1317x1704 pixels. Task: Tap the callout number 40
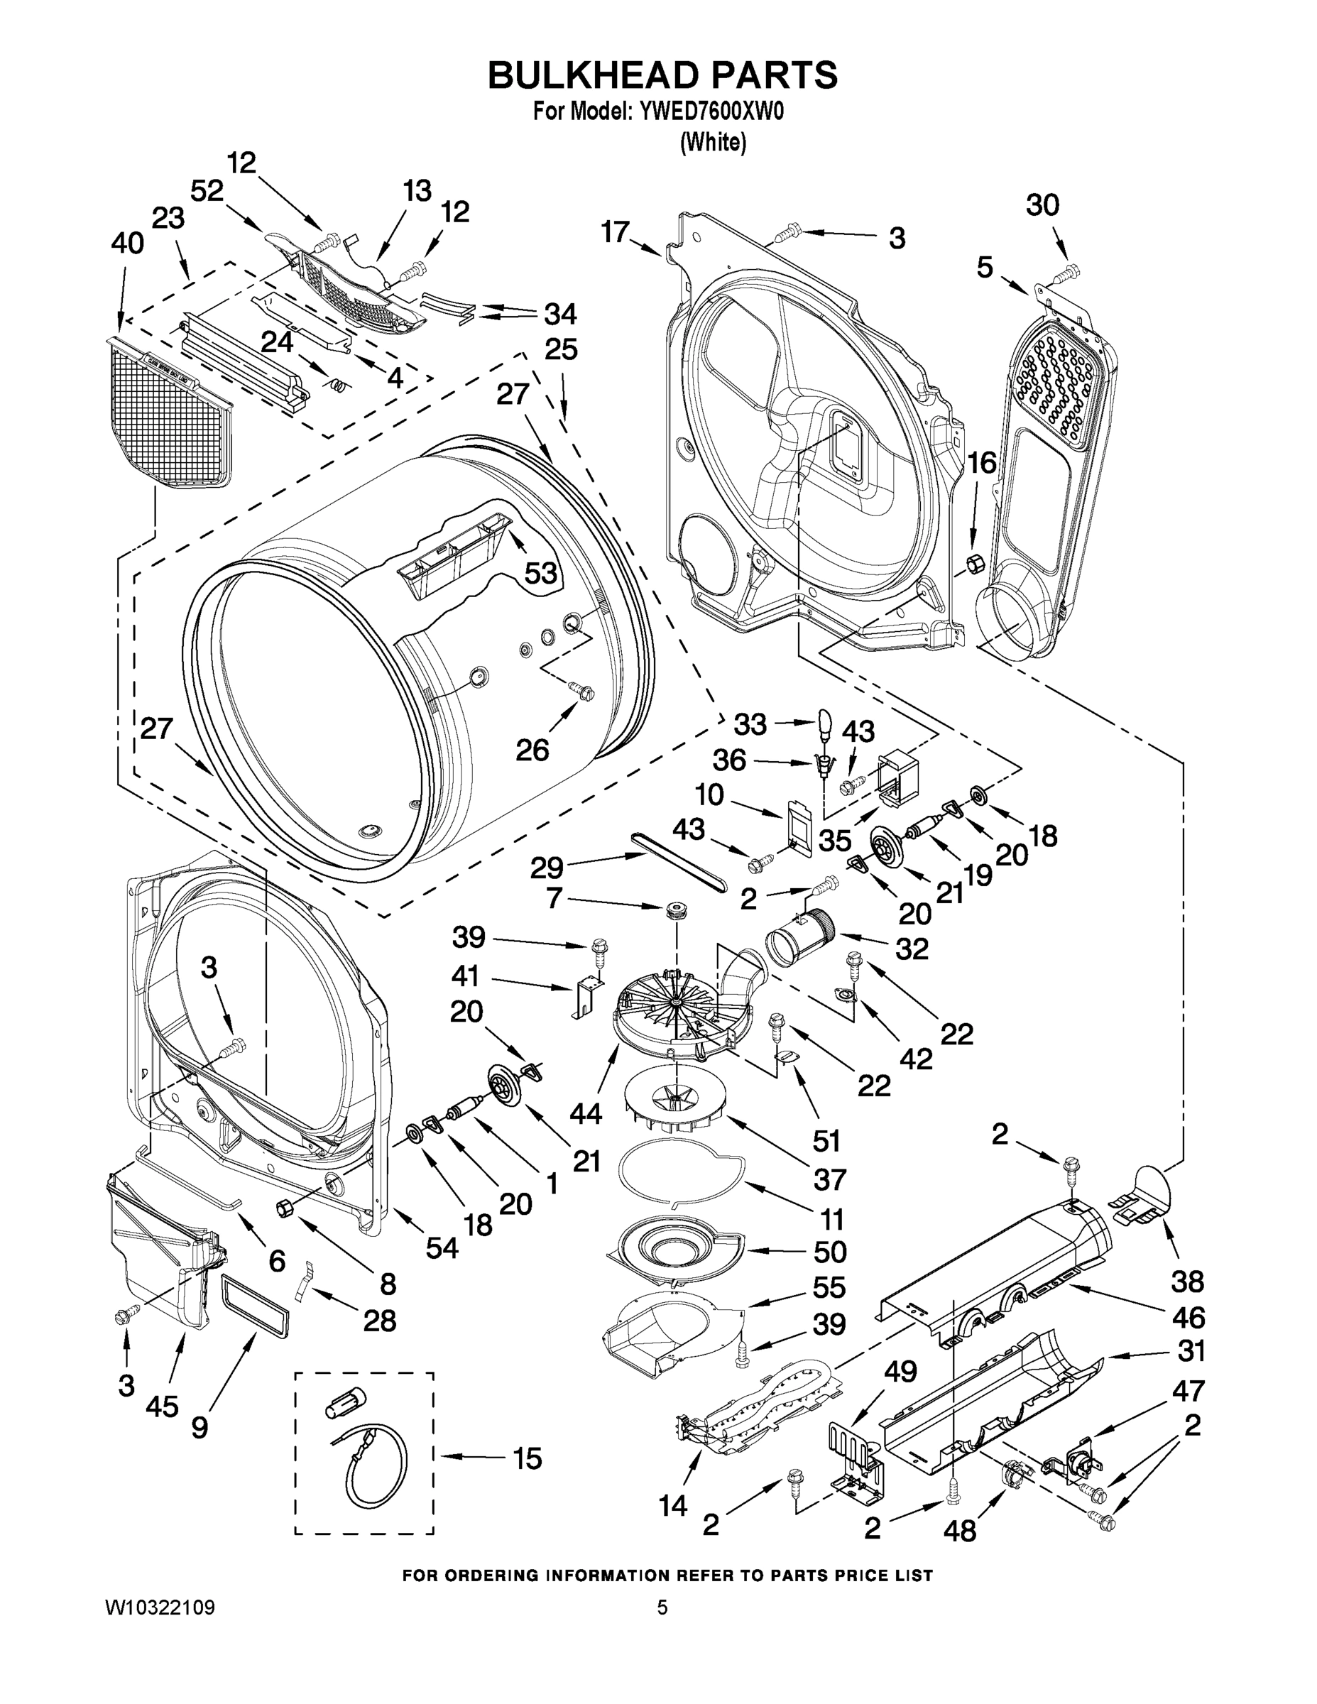(127, 244)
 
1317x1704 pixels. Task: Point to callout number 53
(540, 573)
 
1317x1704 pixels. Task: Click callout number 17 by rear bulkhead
(615, 231)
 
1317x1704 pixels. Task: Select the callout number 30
(1042, 205)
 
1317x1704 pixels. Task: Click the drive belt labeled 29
(678, 861)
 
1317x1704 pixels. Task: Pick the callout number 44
(585, 1113)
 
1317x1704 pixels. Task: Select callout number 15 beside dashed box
(528, 1458)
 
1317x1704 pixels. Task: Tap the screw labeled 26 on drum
(581, 689)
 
